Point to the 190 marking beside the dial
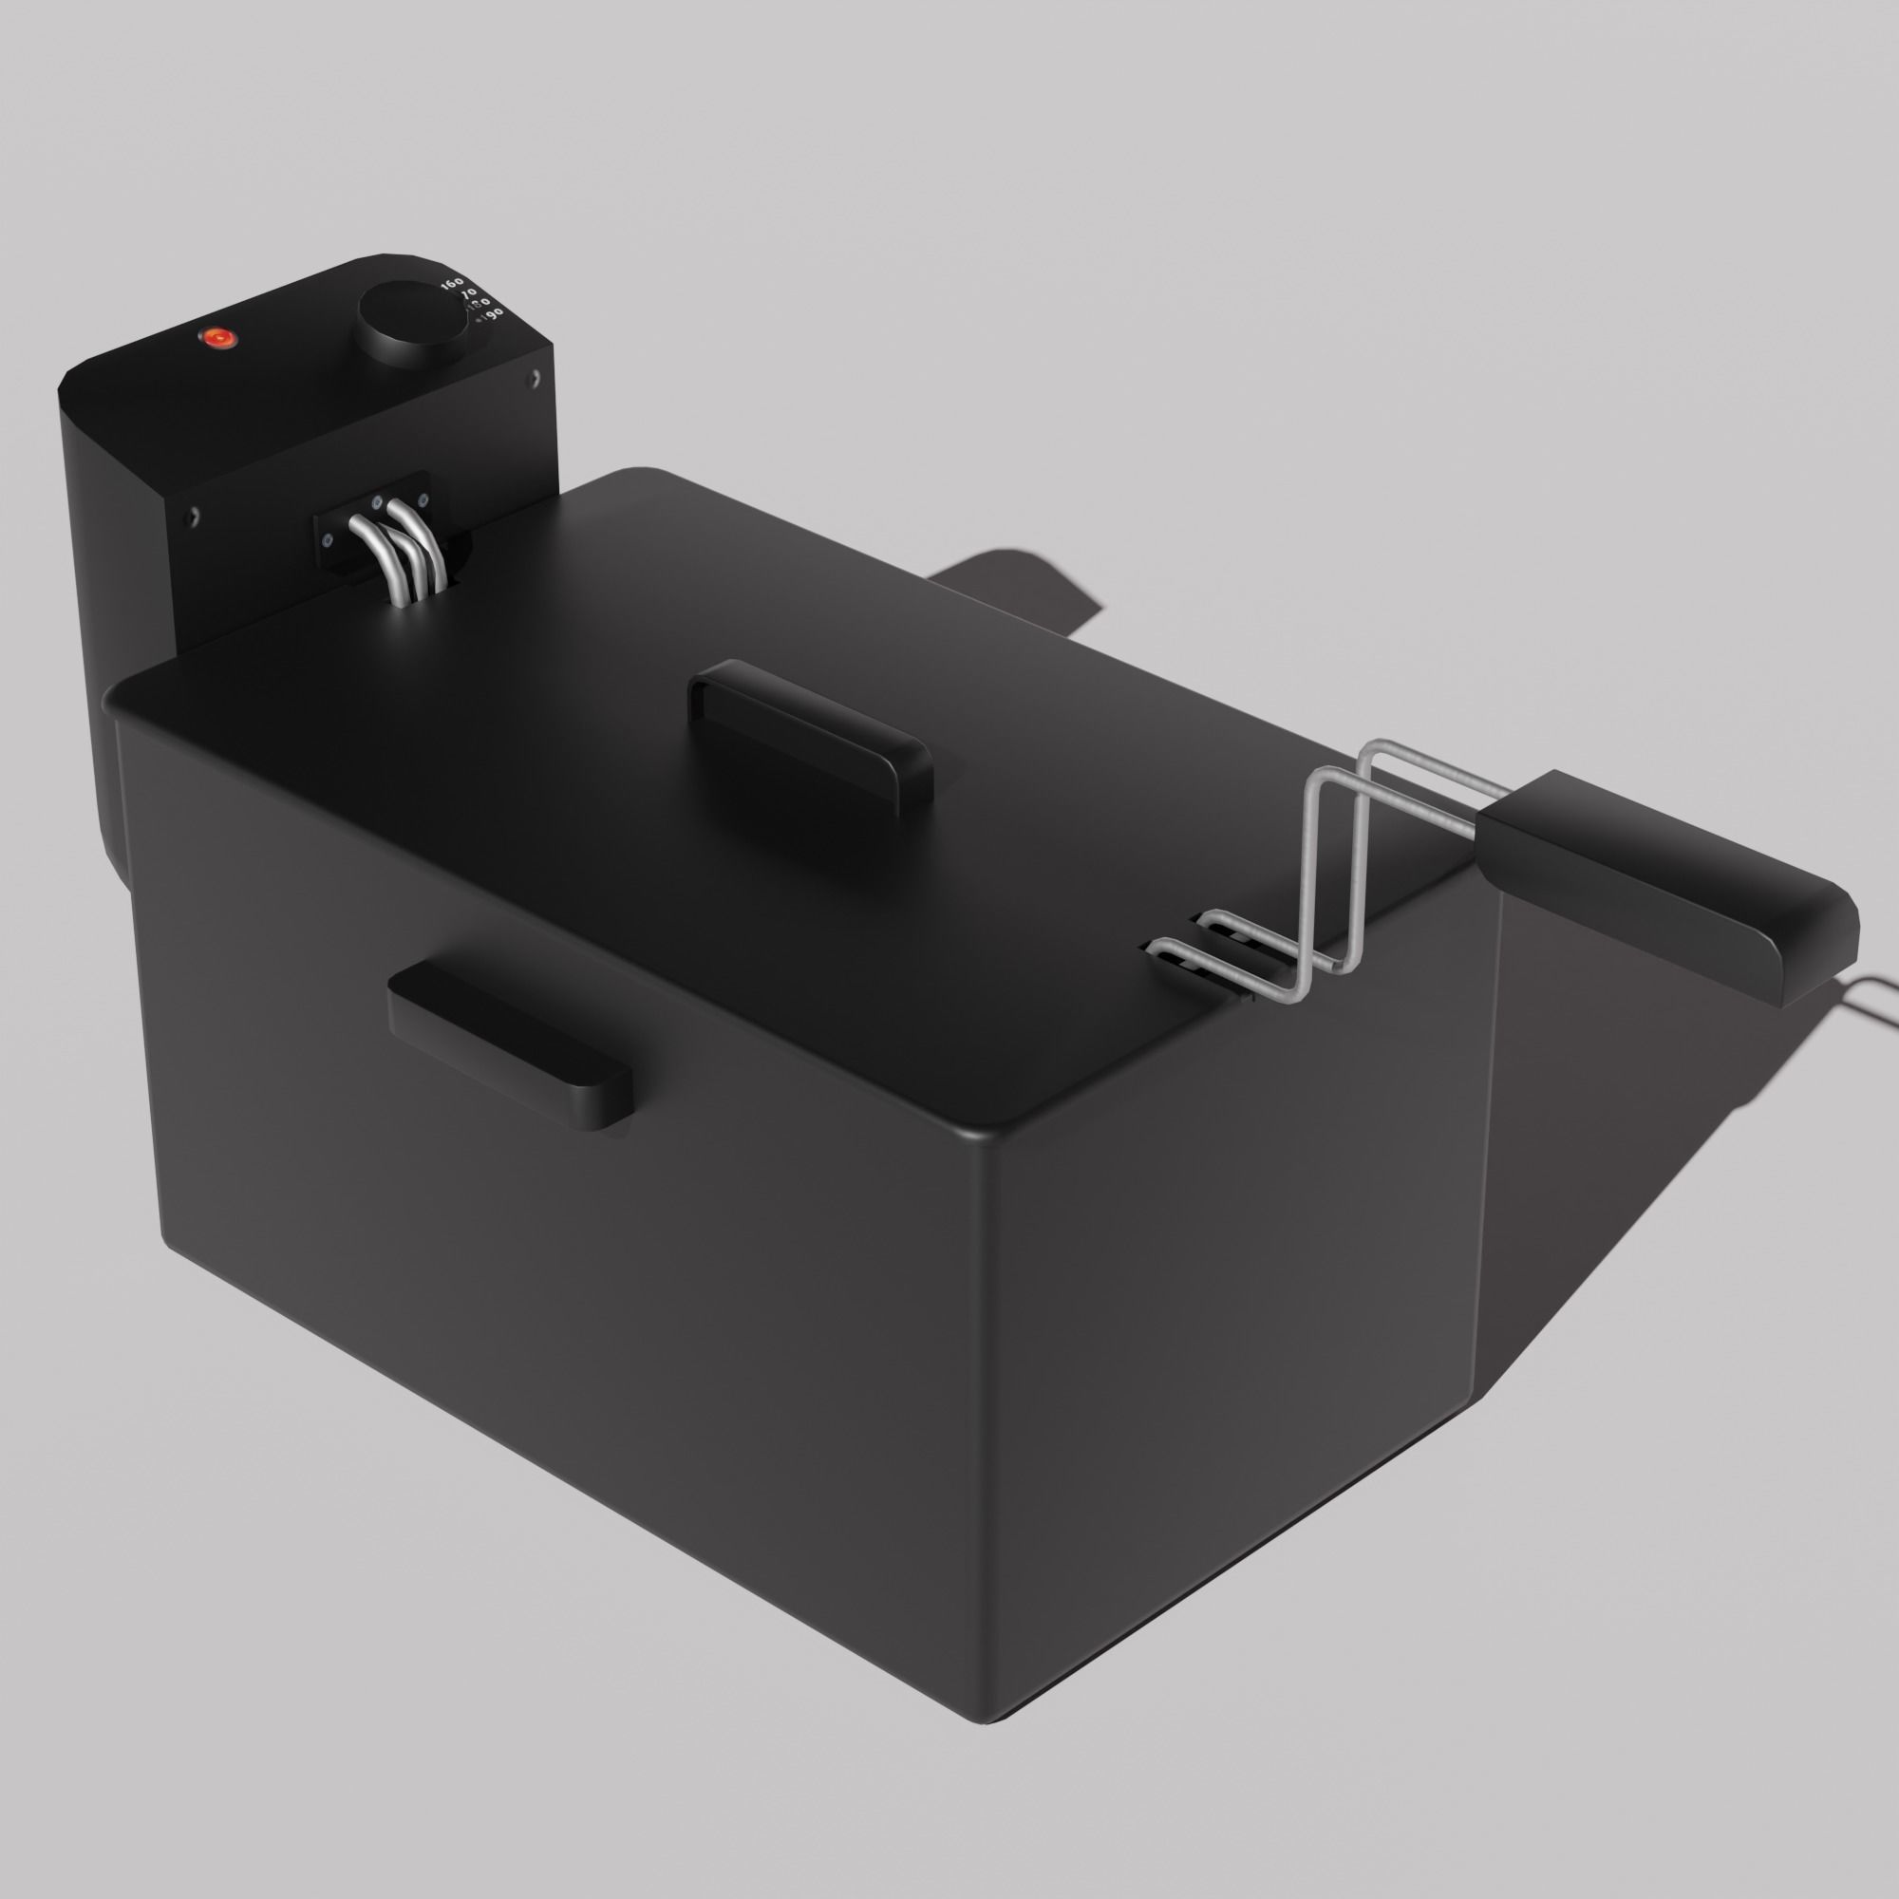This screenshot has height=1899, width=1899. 491,313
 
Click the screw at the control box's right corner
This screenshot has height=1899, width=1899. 535,375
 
